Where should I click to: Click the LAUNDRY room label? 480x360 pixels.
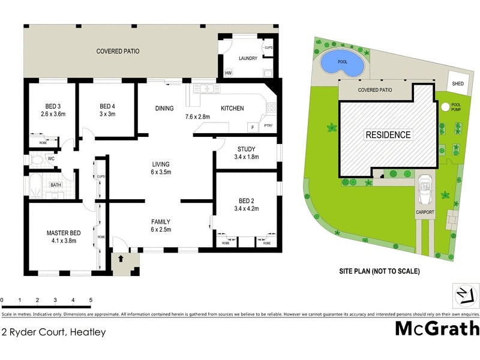248,58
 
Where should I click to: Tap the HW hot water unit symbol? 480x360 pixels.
228,74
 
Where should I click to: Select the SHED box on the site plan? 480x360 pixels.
458,83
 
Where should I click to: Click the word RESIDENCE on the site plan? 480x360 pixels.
388,135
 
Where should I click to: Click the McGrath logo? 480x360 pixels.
437,328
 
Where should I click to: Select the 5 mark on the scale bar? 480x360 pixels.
91,300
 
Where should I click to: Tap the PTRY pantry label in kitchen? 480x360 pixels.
268,126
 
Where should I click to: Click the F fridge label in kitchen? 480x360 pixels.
253,127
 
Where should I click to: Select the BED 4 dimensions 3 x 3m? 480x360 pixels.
107,113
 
